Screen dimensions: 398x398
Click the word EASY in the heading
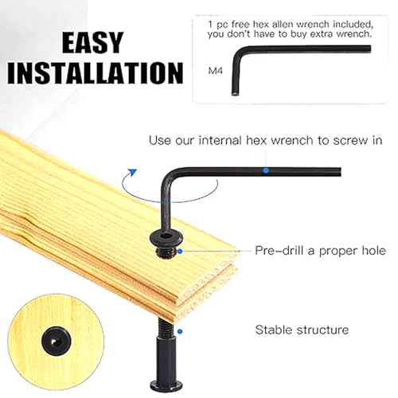point(93,42)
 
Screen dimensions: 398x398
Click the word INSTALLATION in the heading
point(96,73)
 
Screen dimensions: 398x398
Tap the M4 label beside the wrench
point(216,71)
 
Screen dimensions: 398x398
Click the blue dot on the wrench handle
point(266,170)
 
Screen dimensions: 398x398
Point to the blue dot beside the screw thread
point(180,251)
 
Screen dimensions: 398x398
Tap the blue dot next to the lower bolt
point(180,331)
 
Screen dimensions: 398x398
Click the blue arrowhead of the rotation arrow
point(132,172)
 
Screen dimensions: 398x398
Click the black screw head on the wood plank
point(164,237)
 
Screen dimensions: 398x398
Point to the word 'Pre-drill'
point(279,251)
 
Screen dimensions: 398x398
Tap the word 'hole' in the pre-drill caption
point(373,251)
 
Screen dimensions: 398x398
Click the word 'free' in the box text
point(240,25)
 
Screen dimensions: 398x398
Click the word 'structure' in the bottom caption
point(322,330)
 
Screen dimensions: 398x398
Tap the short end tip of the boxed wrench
point(236,93)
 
